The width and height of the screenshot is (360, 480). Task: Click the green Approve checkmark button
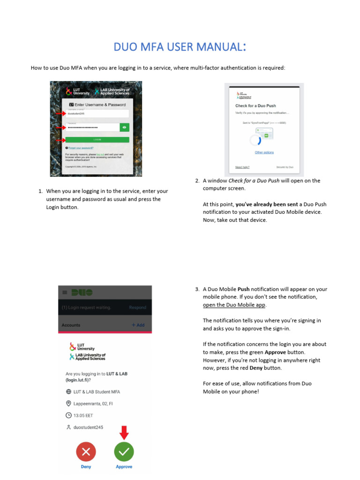click(124, 451)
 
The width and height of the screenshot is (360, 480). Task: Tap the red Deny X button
click(86, 451)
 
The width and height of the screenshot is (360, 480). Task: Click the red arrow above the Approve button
click(124, 433)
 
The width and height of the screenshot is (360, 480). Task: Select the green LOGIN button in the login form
click(97, 140)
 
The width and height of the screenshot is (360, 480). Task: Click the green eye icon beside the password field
click(124, 127)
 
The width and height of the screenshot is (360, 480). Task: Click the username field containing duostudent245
click(97, 113)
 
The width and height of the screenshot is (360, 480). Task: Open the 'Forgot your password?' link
click(81, 148)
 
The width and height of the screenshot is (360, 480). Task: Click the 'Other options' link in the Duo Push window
click(264, 152)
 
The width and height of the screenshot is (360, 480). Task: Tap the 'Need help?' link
click(242, 167)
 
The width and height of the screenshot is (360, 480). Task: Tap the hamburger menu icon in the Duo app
click(65, 292)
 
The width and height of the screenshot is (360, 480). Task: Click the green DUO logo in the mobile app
click(82, 292)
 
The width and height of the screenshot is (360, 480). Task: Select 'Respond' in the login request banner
click(137, 307)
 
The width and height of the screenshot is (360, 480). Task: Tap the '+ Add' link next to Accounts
click(138, 325)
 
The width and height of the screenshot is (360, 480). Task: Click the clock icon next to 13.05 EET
click(68, 415)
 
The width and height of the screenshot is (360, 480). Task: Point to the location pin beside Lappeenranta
click(68, 403)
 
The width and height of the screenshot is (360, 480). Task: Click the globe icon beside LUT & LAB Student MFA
click(68, 391)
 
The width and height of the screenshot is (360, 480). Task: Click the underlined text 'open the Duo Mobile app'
click(234, 305)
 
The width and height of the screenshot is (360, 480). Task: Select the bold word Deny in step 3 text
click(256, 368)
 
